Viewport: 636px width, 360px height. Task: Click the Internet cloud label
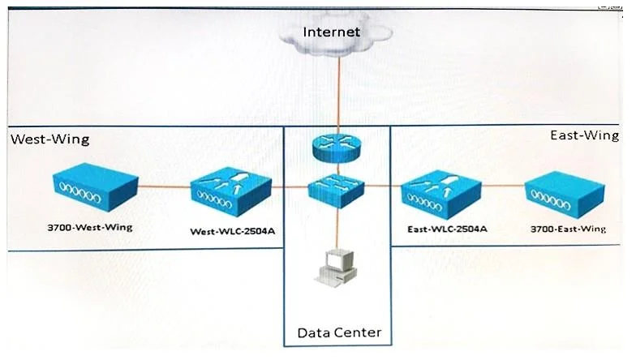pyautogui.click(x=331, y=32)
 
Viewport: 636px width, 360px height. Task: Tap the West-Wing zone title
pyautogui.click(x=50, y=139)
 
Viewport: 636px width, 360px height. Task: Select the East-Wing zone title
pyautogui.click(x=584, y=135)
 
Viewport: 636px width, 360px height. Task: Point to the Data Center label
pyautogui.click(x=339, y=332)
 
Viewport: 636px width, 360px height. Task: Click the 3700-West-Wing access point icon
pyautogui.click(x=96, y=186)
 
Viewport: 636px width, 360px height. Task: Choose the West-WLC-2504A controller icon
pyautogui.click(x=230, y=193)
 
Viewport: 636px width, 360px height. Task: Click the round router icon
pyautogui.click(x=336, y=148)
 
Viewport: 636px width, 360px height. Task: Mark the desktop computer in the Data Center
pyautogui.click(x=336, y=268)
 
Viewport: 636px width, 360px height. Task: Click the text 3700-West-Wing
pyautogui.click(x=90, y=227)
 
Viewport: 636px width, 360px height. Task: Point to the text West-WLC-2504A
pyautogui.click(x=232, y=232)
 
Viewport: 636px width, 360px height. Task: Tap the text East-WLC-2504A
pyautogui.click(x=447, y=229)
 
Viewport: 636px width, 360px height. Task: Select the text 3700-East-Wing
pyautogui.click(x=568, y=229)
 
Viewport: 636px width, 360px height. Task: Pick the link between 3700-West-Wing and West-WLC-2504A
pyautogui.click(x=165, y=186)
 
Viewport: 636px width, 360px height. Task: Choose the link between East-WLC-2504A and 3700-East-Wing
pyautogui.click(x=503, y=186)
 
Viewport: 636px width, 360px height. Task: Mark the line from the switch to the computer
pyautogui.click(x=337, y=229)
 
